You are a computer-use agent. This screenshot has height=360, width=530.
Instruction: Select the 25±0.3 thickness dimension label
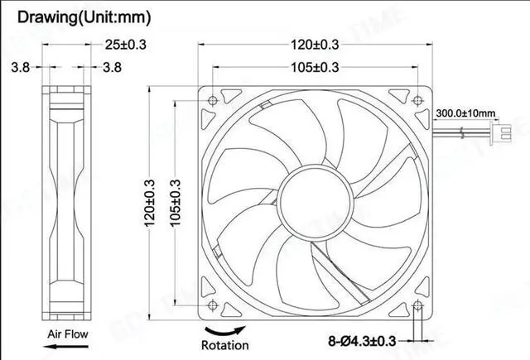(x=125, y=45)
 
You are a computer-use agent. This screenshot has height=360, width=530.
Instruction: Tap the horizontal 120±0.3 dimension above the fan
(x=316, y=45)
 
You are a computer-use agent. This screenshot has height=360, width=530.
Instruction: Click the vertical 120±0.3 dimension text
(x=150, y=203)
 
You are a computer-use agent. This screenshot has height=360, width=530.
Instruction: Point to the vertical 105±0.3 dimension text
(x=176, y=203)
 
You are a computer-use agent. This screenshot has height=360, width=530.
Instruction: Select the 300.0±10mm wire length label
(x=465, y=113)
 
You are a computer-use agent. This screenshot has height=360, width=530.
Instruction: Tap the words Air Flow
(x=68, y=334)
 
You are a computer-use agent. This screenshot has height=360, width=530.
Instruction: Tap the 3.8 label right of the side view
(x=113, y=67)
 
